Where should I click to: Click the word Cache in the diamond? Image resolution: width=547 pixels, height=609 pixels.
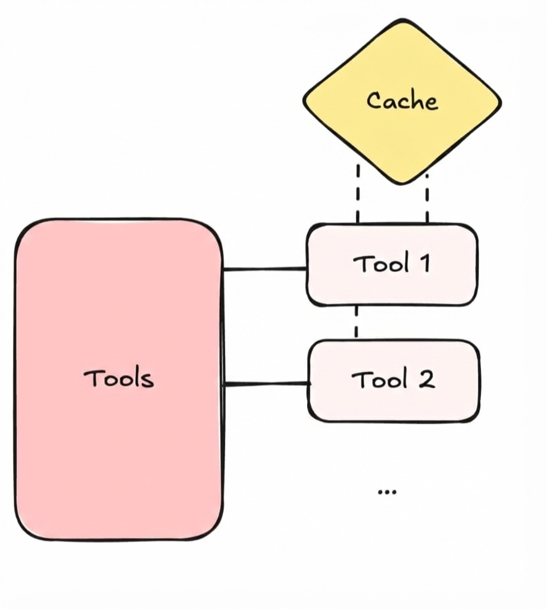click(402, 101)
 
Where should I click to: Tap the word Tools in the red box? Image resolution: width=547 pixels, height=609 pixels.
click(118, 378)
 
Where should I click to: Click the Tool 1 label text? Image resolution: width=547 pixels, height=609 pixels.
click(391, 264)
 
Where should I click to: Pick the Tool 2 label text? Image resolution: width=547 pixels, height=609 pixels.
click(392, 381)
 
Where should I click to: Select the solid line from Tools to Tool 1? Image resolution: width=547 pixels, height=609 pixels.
click(265, 269)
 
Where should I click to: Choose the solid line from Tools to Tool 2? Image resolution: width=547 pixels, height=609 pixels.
click(266, 384)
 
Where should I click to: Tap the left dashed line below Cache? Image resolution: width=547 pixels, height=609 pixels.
click(357, 193)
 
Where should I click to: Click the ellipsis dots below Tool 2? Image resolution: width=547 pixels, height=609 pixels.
click(387, 492)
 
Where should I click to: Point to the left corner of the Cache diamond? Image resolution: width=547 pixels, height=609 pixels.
click(305, 102)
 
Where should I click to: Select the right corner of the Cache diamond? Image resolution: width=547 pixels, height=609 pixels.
click(500, 102)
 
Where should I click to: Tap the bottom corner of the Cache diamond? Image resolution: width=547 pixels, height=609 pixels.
click(403, 182)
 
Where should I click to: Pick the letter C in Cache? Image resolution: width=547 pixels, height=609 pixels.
click(374, 101)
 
